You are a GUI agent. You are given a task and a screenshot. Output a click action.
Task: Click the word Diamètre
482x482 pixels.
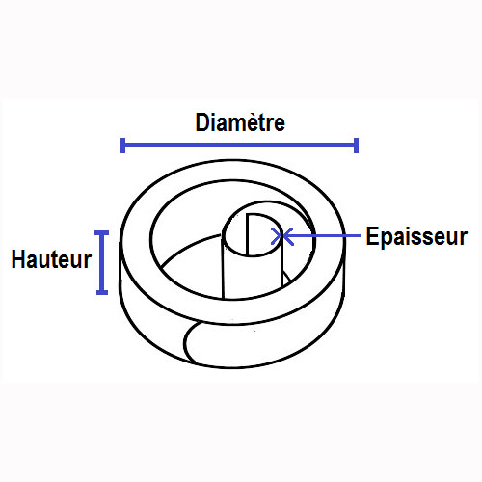240,122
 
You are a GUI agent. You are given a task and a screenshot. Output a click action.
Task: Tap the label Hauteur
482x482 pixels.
51,259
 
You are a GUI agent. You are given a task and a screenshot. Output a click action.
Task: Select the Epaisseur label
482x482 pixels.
416,236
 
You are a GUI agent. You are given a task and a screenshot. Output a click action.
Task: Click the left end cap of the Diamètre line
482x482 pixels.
122,146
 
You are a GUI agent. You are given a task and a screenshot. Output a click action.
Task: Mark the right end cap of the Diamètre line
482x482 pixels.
356,146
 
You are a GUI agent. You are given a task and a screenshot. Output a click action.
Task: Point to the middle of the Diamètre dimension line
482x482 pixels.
239,146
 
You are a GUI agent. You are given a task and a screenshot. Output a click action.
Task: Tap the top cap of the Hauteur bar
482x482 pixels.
102,232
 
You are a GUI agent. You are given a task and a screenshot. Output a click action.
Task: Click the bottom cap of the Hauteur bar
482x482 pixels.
102,292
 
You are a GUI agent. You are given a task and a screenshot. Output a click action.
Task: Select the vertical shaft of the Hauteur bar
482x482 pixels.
102,262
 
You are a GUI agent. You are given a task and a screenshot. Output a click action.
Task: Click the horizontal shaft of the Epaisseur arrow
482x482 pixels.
321,236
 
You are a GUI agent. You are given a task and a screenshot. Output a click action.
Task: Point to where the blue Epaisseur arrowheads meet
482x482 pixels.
282,236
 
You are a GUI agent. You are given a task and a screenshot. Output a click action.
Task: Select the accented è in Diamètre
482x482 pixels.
255,122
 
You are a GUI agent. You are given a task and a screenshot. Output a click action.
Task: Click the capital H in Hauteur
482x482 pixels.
18,259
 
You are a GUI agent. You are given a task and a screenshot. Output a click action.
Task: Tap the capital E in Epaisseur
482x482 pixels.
372,236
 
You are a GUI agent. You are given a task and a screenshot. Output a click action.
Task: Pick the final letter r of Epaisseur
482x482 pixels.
464,238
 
